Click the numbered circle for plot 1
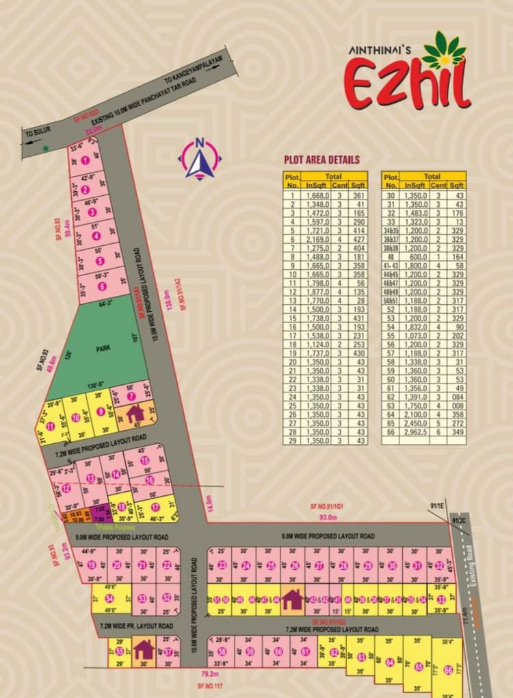[x=85, y=160]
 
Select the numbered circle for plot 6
[x=101, y=286]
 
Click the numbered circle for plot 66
[x=448, y=671]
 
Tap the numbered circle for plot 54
[x=109, y=599]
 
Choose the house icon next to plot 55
[x=144, y=648]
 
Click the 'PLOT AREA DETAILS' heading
[x=321, y=160]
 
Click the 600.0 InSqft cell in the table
[x=415, y=257]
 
